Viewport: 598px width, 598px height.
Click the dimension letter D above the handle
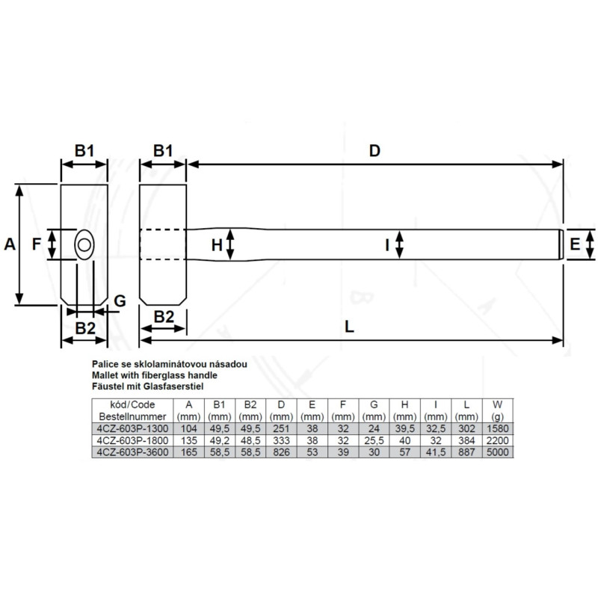(x=374, y=151)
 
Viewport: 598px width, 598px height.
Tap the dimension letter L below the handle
(x=349, y=327)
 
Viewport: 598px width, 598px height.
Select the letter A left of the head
(x=10, y=244)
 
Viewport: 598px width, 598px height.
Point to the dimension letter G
(x=120, y=301)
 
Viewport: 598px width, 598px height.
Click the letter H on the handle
(x=217, y=245)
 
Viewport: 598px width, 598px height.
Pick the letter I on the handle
(x=387, y=245)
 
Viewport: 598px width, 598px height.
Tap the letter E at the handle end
(x=575, y=244)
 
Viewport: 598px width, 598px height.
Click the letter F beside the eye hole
(x=37, y=244)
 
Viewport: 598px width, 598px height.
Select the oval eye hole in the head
(x=84, y=245)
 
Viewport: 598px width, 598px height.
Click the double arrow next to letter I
(x=399, y=244)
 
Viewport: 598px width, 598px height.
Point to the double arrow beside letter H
(x=230, y=244)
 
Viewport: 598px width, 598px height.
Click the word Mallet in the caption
(x=105, y=375)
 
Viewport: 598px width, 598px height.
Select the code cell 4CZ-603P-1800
(x=132, y=440)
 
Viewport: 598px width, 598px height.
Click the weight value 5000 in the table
(x=498, y=452)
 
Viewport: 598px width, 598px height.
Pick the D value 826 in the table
(x=282, y=452)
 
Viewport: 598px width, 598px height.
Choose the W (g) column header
(x=497, y=410)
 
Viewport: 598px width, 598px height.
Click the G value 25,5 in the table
(x=374, y=440)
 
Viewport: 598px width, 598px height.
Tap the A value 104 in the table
(x=189, y=428)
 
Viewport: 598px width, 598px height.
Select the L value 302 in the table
(x=466, y=428)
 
